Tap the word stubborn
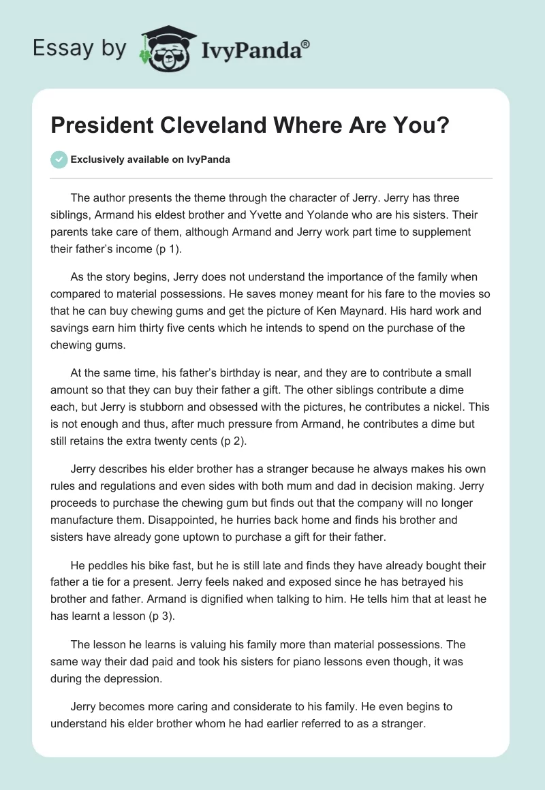[x=172, y=407]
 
